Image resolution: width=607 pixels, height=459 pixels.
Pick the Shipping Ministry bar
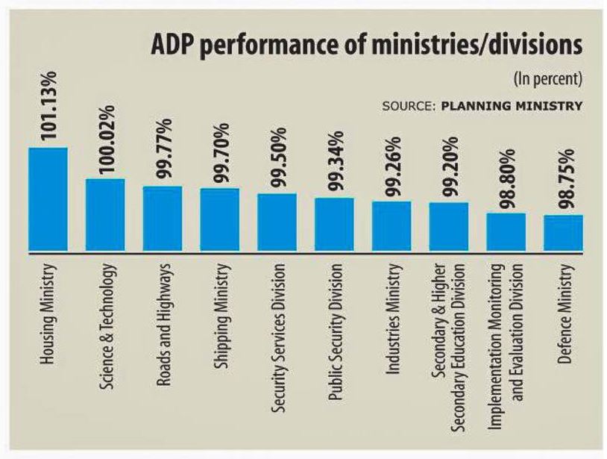click(219, 219)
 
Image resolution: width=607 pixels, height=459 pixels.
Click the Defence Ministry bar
click(563, 233)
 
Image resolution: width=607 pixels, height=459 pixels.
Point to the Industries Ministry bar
click(391, 226)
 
